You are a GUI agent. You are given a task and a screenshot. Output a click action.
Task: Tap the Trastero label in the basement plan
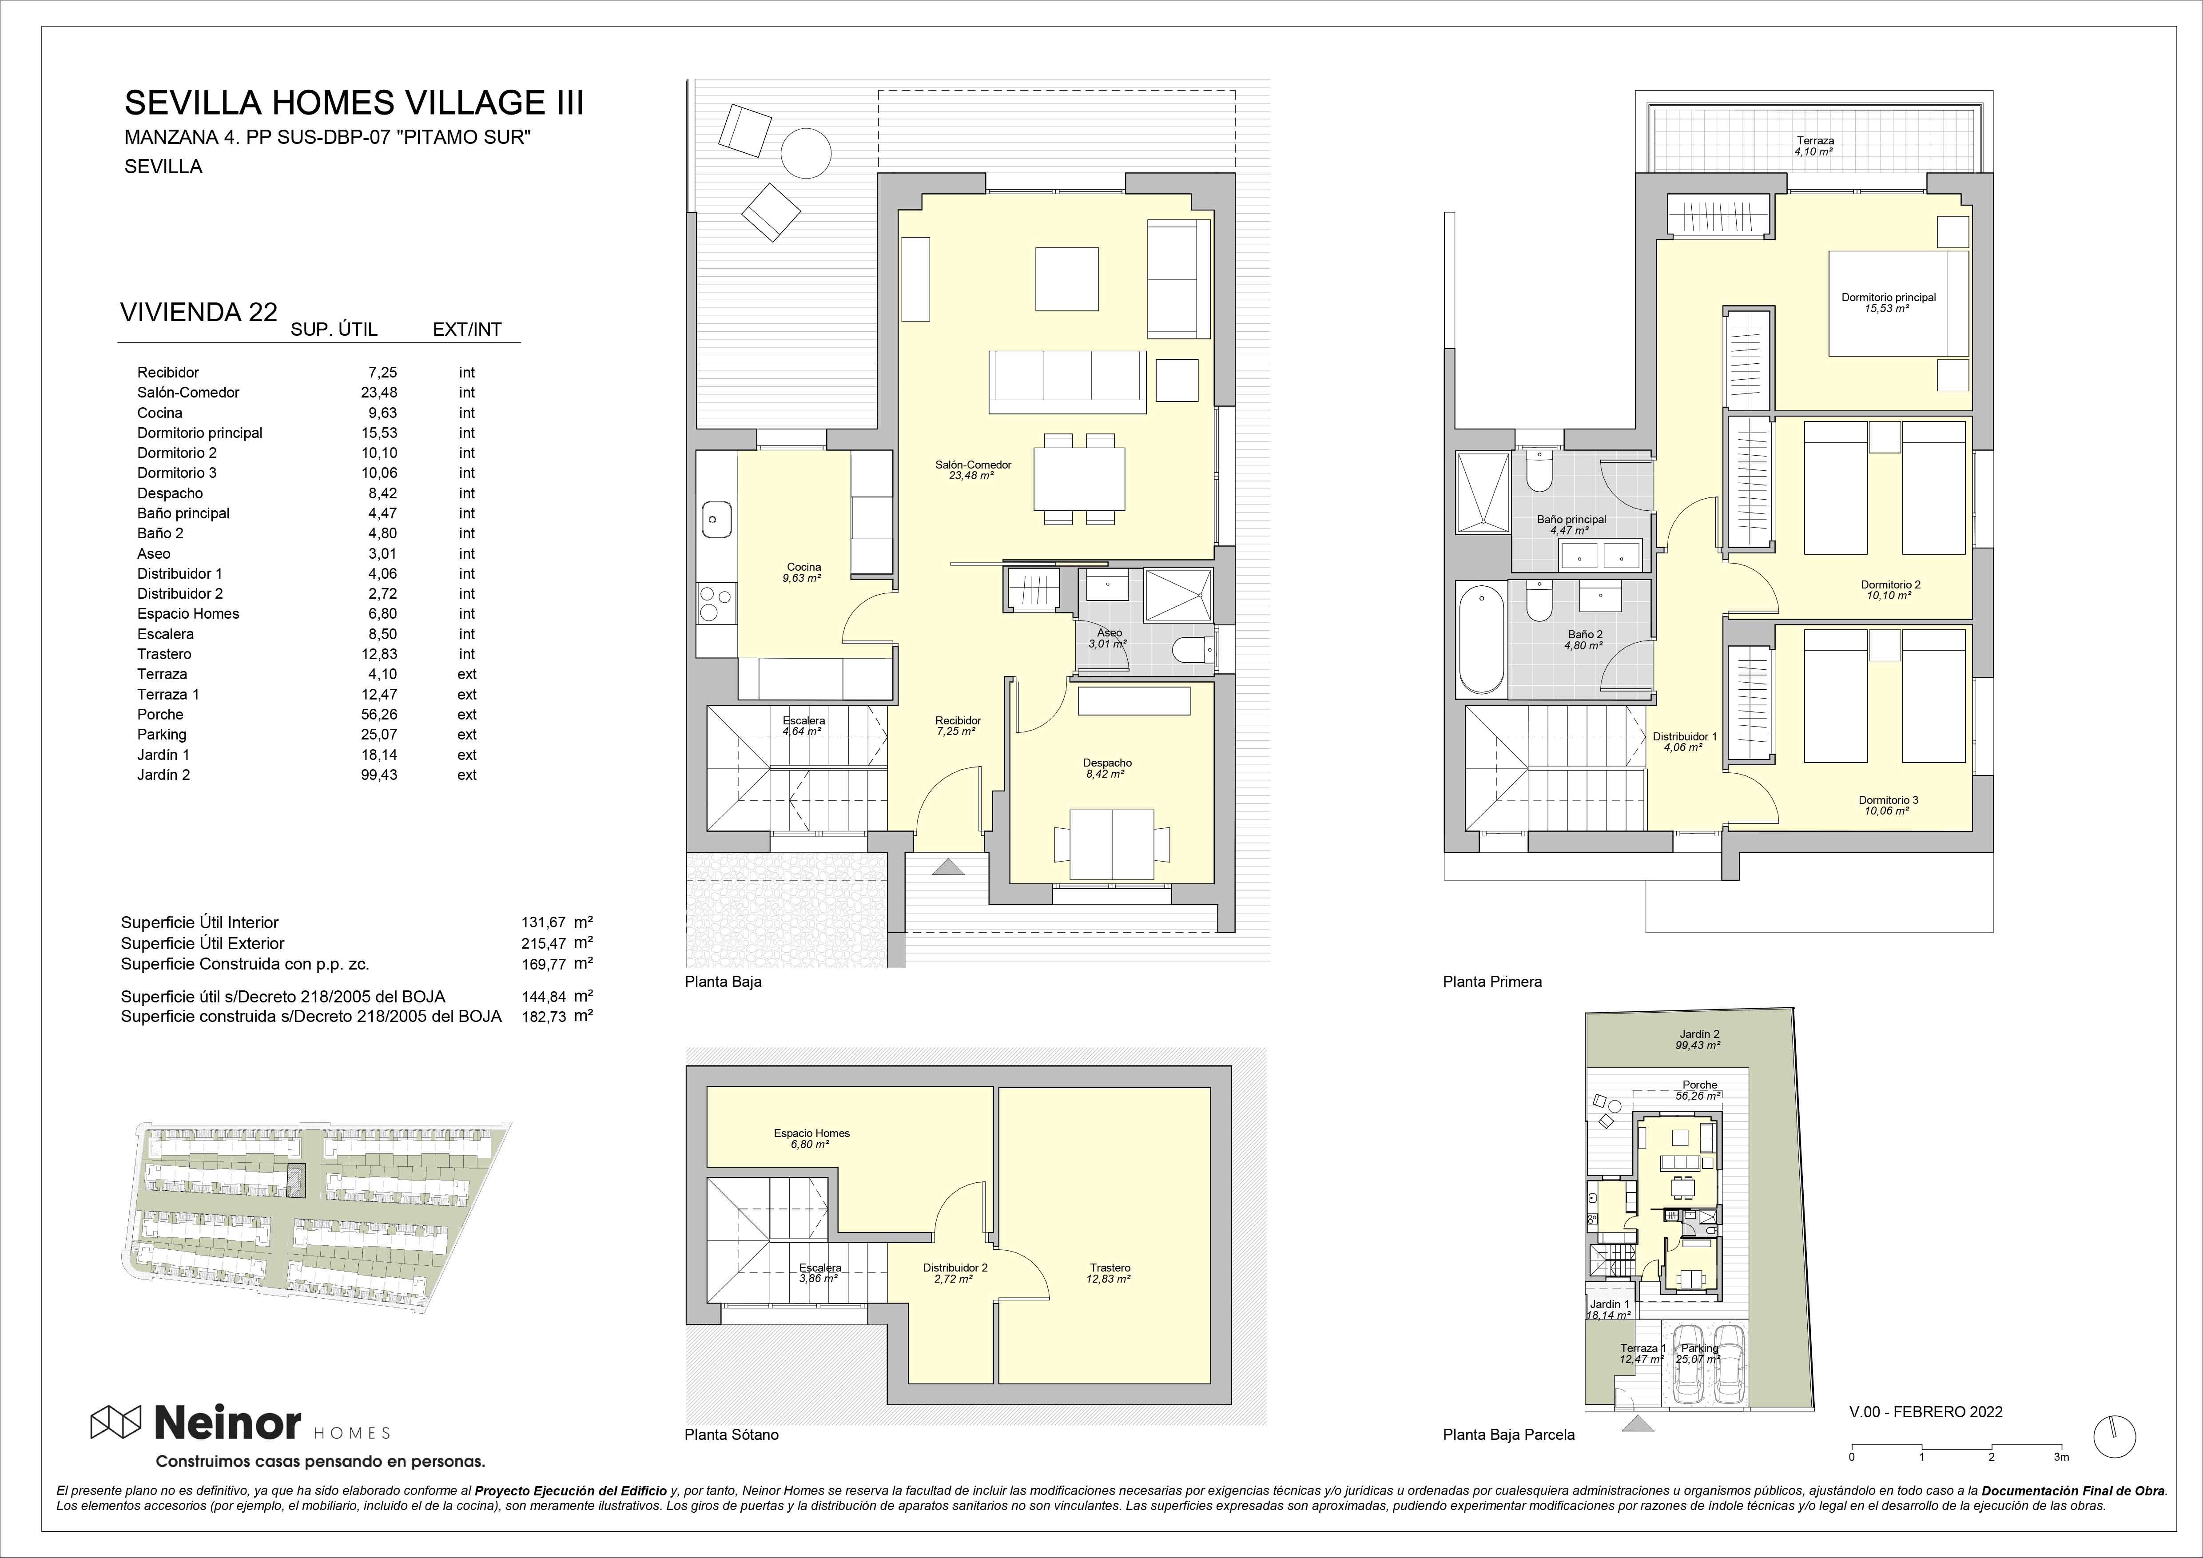pos(1109,1267)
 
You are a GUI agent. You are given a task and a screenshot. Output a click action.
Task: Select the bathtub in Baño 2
pos(1480,641)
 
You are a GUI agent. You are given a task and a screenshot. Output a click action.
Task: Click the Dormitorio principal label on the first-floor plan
pos(1888,298)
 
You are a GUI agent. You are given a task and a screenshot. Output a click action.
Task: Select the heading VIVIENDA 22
pos(199,313)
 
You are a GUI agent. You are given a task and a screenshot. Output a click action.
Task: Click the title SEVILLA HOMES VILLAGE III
pos(354,103)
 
